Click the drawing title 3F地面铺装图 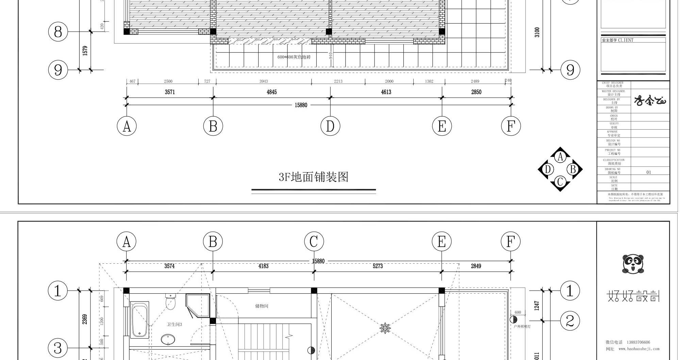313,177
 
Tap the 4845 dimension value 271,92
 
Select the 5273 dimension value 378,266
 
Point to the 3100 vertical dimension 537,32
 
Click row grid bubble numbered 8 58,32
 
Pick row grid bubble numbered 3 58,348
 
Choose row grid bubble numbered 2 570,321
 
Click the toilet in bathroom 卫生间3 170,301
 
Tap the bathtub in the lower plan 140,320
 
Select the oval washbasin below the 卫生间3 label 168,339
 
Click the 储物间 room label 262,306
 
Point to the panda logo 633,264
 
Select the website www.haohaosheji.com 638,349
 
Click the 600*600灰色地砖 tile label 294,57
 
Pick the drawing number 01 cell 648,172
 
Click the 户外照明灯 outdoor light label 522,327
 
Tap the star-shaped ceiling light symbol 385,328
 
